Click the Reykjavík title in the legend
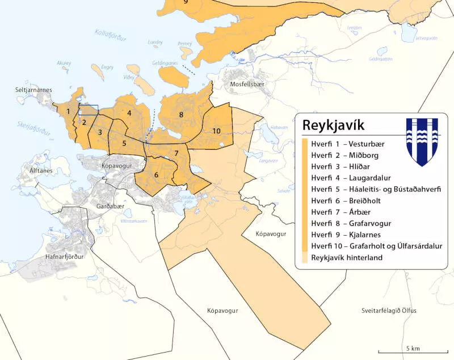[333, 125]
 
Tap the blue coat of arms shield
[422, 141]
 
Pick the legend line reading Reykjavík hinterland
[346, 258]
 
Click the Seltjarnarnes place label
[33, 90]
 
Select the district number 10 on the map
[216, 131]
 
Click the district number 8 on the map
[181, 115]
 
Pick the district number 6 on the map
[156, 174]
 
